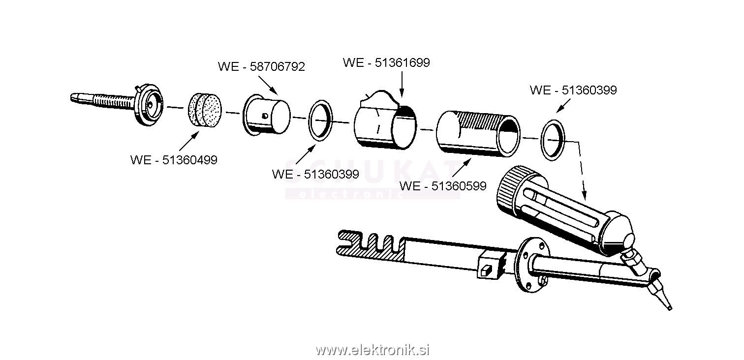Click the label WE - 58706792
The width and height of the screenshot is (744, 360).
pos(261,67)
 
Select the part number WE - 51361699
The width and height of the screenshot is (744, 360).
pos(386,62)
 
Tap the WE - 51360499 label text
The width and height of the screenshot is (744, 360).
pos(174,160)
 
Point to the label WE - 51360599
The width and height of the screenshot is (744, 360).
pos(443,186)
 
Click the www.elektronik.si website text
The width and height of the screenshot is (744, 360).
pos(372,350)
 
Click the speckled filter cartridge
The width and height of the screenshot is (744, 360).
pos(204,111)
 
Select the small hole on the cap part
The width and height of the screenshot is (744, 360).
pos(265,116)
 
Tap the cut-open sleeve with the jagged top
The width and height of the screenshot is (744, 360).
pos(385,120)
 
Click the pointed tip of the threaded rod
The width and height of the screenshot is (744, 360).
pos(72,97)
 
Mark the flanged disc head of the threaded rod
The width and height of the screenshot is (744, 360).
pos(149,105)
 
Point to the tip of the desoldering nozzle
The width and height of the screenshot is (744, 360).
pos(670,308)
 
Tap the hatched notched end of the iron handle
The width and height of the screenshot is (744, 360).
pos(371,246)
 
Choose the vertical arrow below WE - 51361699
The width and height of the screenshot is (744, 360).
pos(402,84)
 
